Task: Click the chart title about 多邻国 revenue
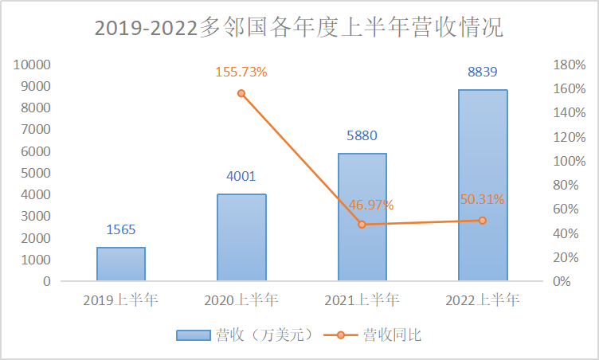[299, 28]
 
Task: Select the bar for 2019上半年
[121, 264]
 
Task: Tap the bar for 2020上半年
[241, 237]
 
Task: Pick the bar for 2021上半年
[362, 217]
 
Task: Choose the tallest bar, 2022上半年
[483, 185]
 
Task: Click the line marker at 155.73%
[241, 93]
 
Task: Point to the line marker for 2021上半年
[362, 225]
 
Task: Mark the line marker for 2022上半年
[483, 220]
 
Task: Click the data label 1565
[121, 230]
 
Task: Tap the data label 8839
[483, 72]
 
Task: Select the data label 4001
[241, 177]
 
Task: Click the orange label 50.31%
[483, 199]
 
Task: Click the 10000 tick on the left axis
[34, 65]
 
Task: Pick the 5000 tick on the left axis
[37, 173]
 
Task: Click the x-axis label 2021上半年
[362, 300]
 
